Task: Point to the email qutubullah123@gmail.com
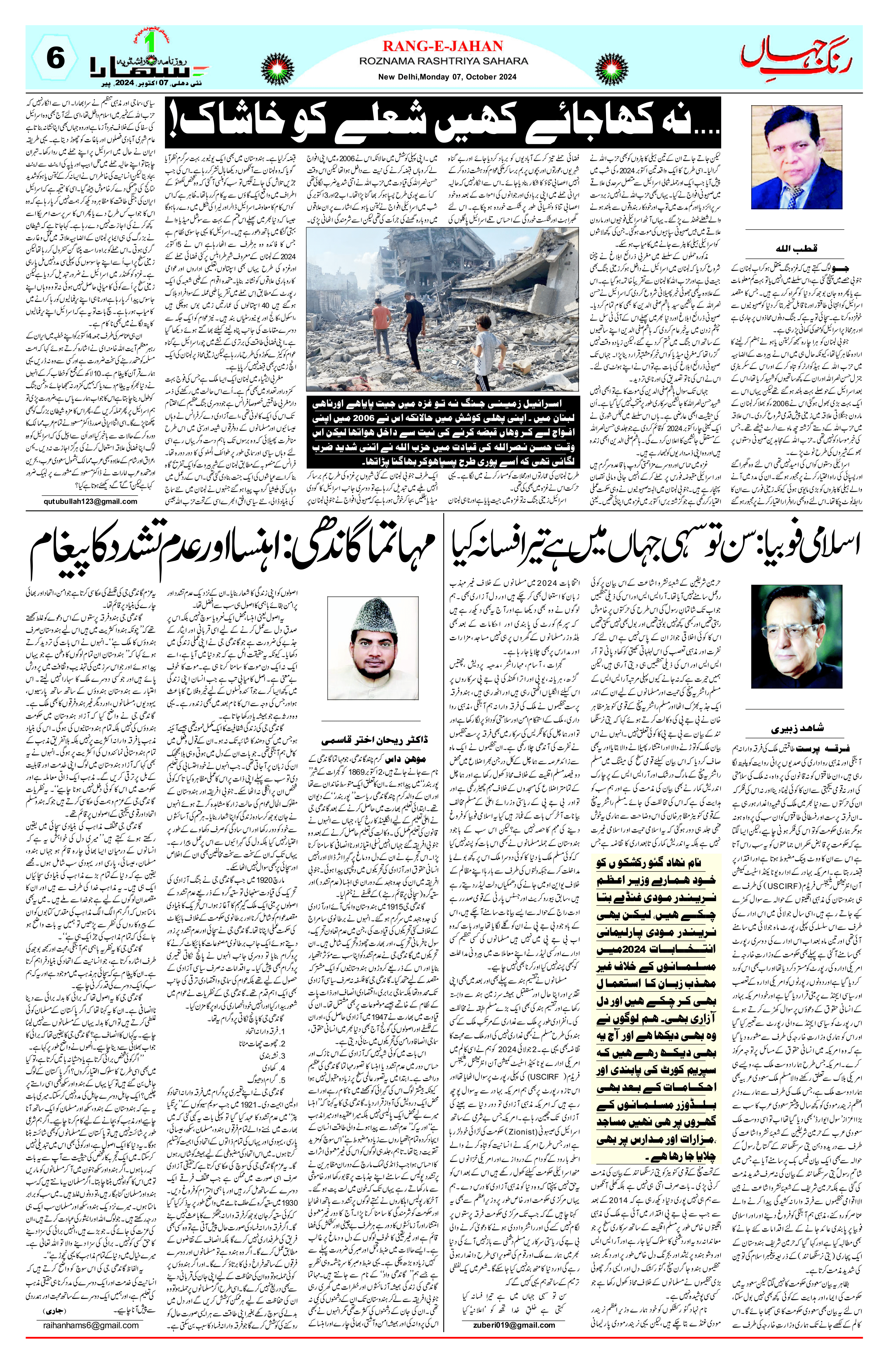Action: point(90,501)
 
